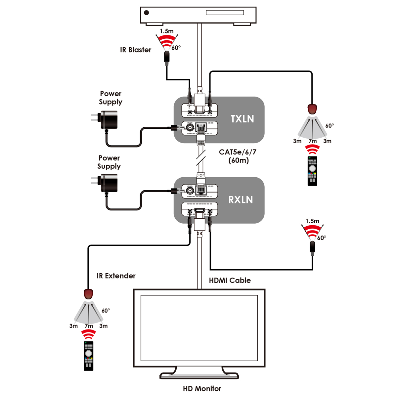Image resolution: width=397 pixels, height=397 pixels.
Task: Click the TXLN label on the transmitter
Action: (x=242, y=119)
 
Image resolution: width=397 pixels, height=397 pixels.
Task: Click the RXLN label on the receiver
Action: (x=241, y=199)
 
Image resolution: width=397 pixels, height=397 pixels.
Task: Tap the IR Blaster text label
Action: (x=135, y=50)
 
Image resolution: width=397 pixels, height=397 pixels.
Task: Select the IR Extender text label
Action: (x=116, y=276)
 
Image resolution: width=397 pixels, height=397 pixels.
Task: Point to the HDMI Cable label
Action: (x=230, y=281)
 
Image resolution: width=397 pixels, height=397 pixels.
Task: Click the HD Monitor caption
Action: (x=202, y=389)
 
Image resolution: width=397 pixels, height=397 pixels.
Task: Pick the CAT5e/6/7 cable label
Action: (x=238, y=152)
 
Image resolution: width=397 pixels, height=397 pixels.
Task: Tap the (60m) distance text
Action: (x=239, y=161)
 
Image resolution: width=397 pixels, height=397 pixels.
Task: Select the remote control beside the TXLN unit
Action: (x=312, y=171)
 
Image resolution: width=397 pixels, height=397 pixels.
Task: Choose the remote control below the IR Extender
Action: (x=89, y=356)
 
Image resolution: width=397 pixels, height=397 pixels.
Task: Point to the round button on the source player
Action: (x=146, y=13)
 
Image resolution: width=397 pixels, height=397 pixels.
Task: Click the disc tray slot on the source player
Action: (x=225, y=13)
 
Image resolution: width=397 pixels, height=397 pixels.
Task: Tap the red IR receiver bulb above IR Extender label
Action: (x=88, y=294)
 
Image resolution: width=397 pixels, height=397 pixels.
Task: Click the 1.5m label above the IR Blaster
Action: (x=167, y=31)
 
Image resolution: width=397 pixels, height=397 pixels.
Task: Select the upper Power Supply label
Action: (x=110, y=98)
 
